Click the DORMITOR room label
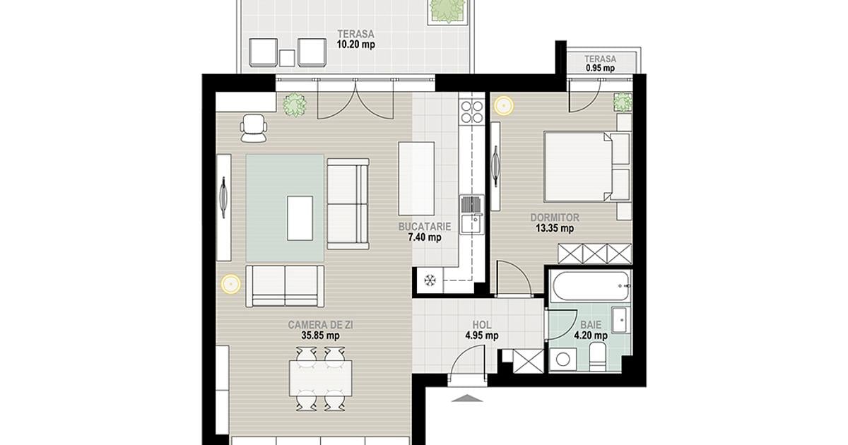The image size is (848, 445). pos(555,218)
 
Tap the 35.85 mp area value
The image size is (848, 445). pos(320,336)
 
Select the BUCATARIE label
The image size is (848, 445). pos(425,227)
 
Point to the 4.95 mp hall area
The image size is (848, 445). pos(481,336)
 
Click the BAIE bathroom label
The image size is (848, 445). pos(591,325)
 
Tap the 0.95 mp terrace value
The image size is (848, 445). pos(600,68)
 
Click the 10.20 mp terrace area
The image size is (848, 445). pos(356,44)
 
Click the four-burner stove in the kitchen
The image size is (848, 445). pos(472,112)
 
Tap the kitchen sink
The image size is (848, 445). pos(472,215)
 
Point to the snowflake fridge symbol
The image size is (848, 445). pos(429,280)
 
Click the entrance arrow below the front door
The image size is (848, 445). pos(467,398)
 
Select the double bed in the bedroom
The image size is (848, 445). pos(587,167)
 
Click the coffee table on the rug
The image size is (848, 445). pos(300,218)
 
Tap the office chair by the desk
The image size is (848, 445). pos(253,129)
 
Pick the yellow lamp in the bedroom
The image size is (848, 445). pos(503,105)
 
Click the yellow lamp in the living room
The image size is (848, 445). pos(230,284)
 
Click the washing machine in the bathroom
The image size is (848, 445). pos(563,359)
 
